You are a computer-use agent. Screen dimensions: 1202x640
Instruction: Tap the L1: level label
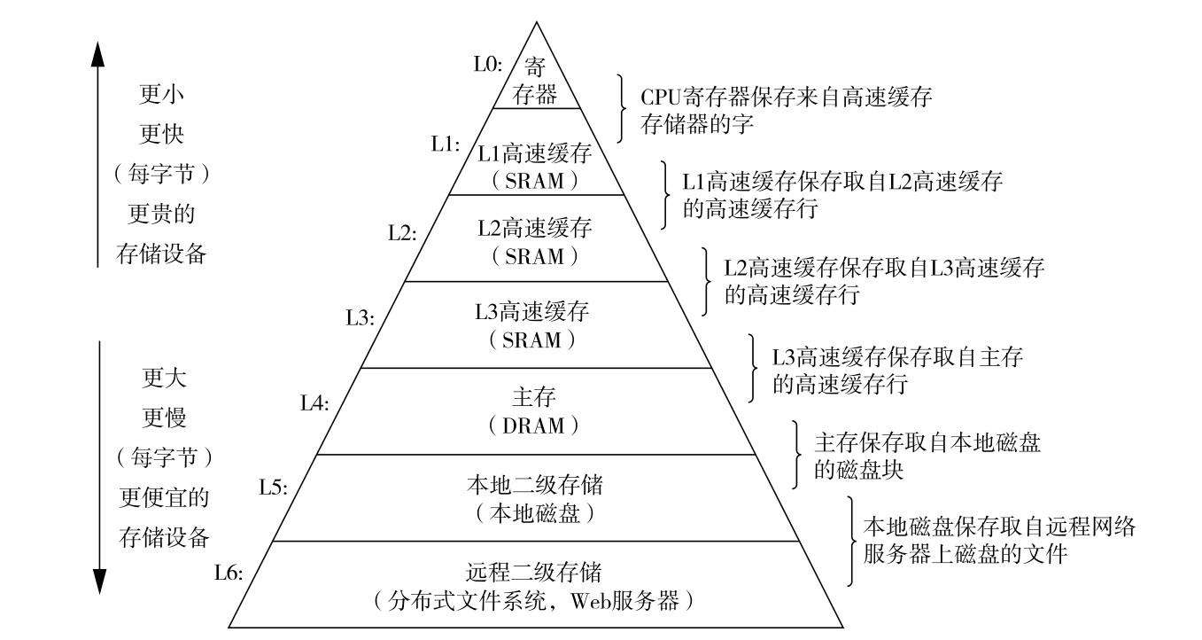(x=445, y=144)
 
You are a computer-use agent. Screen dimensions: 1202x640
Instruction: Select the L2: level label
(x=402, y=233)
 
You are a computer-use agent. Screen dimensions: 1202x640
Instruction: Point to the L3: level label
(x=360, y=318)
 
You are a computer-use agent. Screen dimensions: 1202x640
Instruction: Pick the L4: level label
(x=314, y=404)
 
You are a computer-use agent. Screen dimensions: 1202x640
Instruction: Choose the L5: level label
(x=273, y=488)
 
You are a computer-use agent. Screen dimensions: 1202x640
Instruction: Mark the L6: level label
(x=229, y=572)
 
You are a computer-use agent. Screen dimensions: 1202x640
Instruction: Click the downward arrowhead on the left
(x=98, y=581)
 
